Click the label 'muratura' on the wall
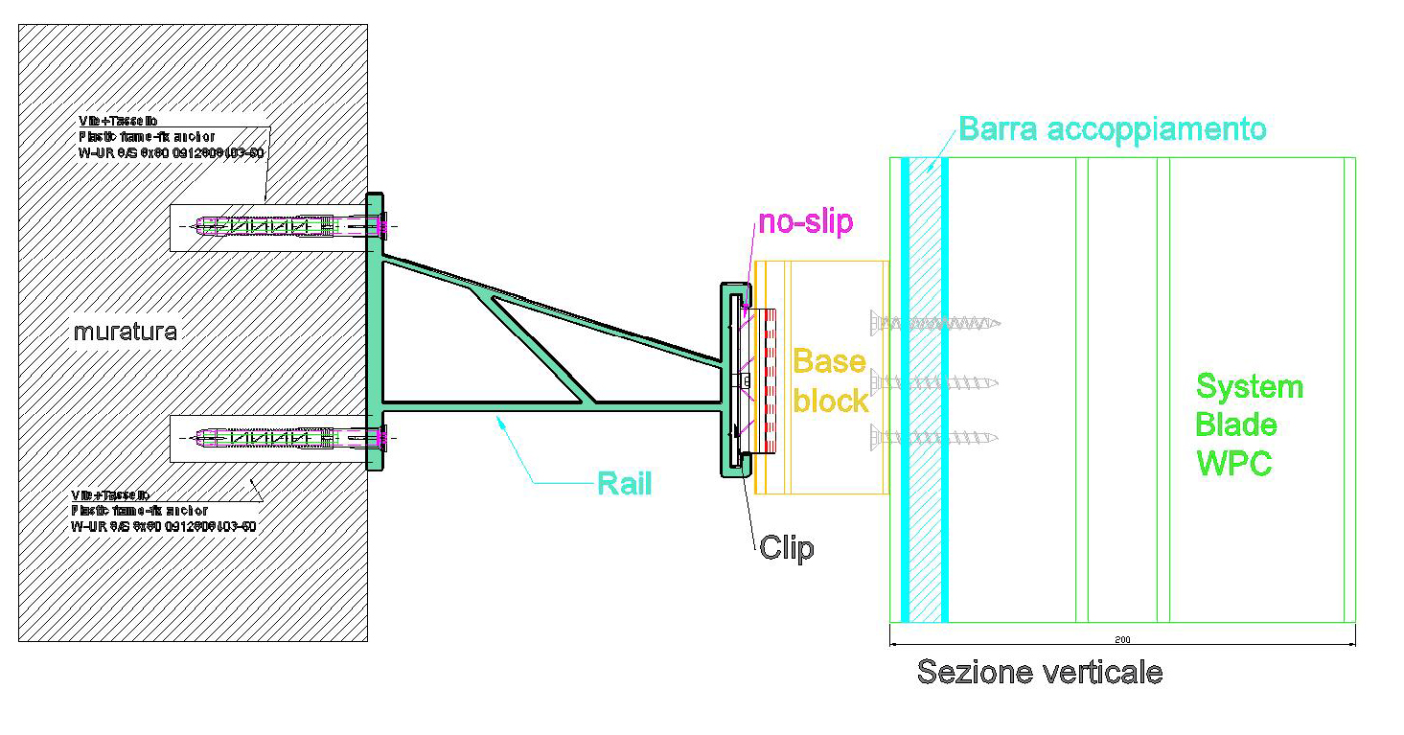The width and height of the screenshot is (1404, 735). pos(126,333)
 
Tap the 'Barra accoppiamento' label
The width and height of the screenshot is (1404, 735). pos(1112,128)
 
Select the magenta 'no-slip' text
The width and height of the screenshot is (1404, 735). pos(805,222)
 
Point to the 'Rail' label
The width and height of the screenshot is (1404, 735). pos(624,483)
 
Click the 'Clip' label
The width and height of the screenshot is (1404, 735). pos(787,547)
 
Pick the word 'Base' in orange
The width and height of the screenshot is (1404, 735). pos(829,362)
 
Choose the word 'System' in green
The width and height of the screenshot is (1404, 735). pos(1250,388)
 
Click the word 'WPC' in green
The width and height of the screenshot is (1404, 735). pos(1234,464)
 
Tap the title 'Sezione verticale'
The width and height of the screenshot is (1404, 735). pos(1040,672)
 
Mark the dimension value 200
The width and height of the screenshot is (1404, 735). pos(1122,638)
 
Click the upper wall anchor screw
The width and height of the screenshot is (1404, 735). pos(288,227)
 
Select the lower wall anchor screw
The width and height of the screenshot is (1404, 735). pos(288,439)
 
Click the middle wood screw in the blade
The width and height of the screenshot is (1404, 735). pos(934,382)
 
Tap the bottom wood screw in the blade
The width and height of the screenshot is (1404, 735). pos(934,438)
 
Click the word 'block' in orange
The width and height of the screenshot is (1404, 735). pos(831,402)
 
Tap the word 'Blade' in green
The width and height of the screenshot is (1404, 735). pos(1236,425)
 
